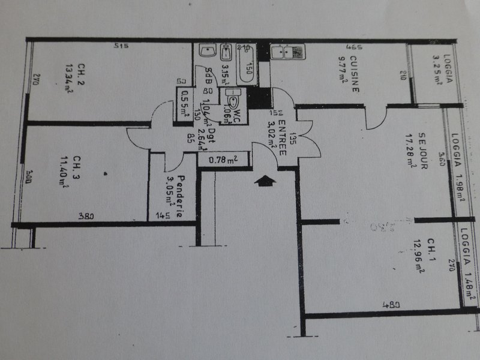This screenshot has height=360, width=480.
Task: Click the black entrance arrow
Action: [x=265, y=180]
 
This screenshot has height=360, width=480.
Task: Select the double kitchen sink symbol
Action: [x=281, y=52]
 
